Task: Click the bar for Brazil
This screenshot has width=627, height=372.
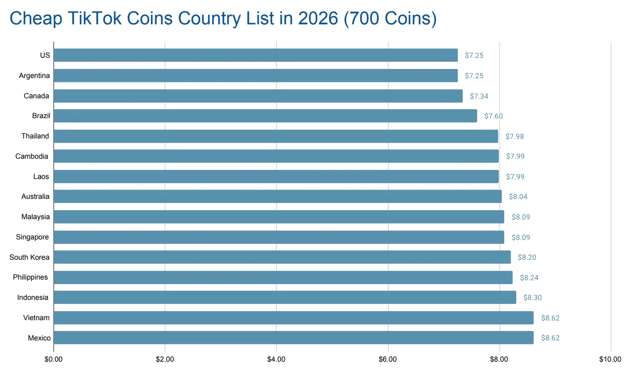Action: (x=265, y=116)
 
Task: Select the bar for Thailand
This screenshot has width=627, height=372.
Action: (x=276, y=136)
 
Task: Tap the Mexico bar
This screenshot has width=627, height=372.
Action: (x=293, y=338)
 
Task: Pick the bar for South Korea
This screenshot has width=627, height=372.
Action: (x=282, y=257)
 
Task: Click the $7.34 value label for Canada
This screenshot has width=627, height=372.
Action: (x=479, y=96)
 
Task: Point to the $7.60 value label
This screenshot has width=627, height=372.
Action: (x=493, y=116)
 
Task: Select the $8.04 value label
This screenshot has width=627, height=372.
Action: (x=518, y=197)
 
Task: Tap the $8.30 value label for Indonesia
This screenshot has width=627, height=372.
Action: (x=532, y=298)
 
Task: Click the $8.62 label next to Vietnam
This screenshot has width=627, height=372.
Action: (x=550, y=318)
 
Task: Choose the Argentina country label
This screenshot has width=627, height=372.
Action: (x=34, y=76)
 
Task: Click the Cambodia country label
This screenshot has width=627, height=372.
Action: (x=32, y=156)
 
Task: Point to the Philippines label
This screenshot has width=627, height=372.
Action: (x=30, y=277)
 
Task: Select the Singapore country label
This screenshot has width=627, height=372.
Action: (x=32, y=237)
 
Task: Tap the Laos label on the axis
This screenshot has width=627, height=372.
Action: (x=41, y=176)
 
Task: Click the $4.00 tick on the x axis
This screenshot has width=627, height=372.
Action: (x=276, y=359)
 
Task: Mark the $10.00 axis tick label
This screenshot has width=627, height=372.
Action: (x=610, y=359)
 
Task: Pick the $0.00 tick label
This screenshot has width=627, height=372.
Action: (x=54, y=359)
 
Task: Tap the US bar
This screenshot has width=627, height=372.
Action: (x=255, y=55)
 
